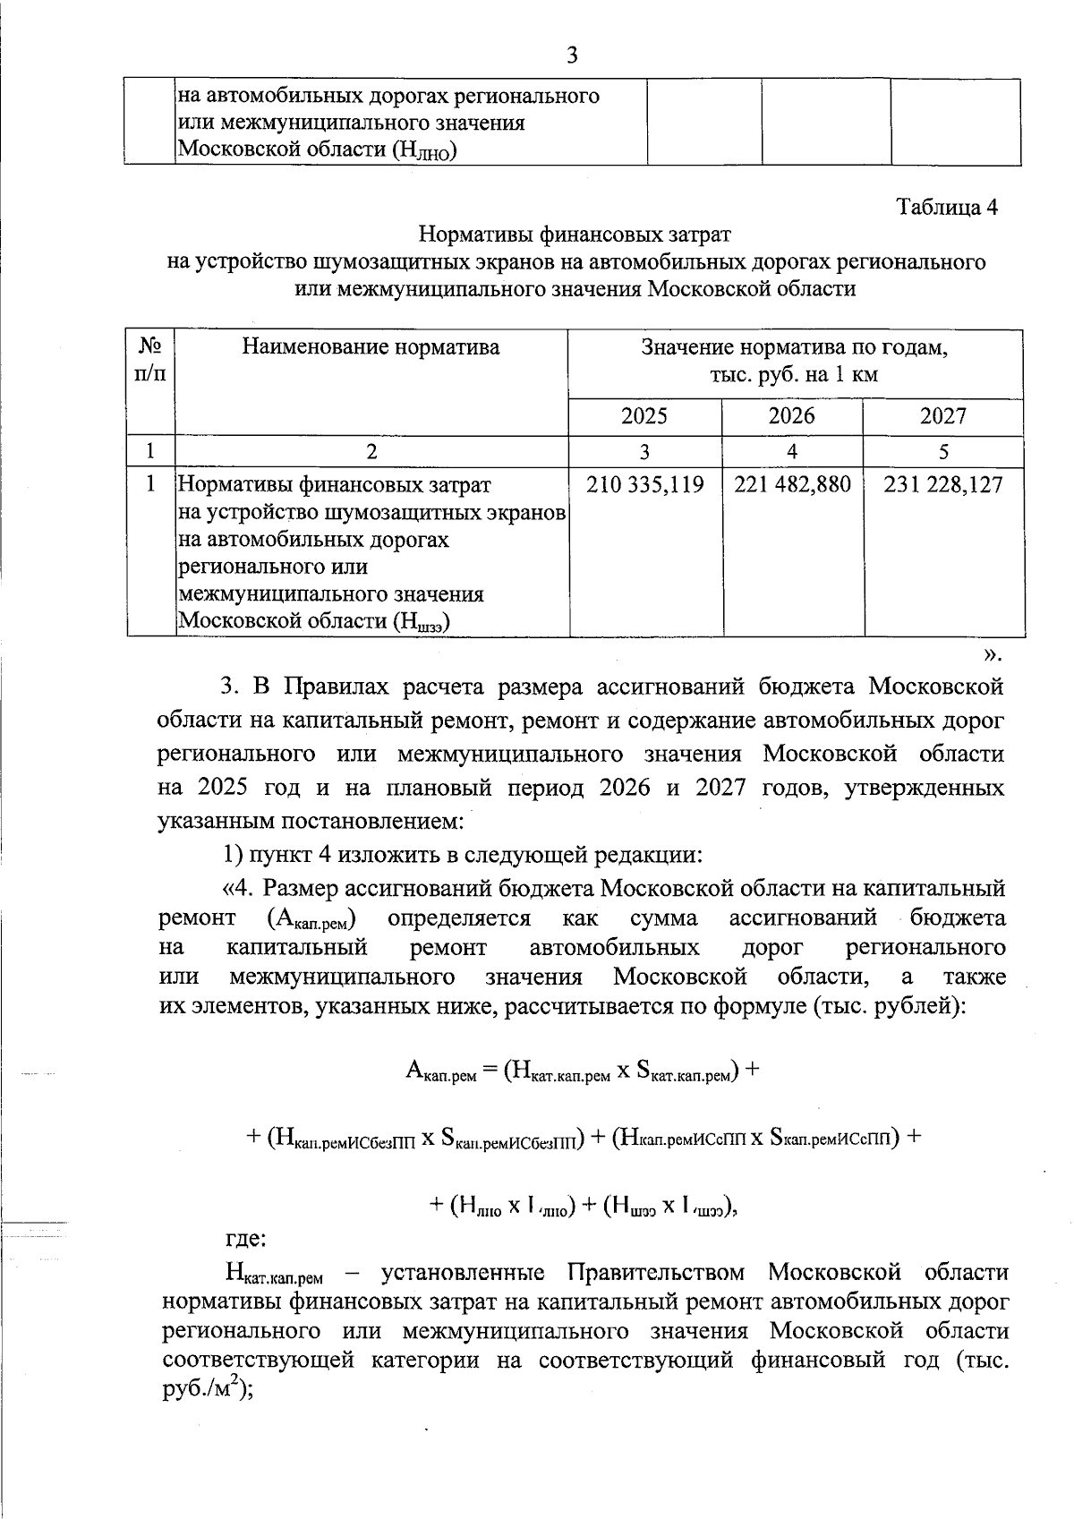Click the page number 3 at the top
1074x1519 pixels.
point(572,55)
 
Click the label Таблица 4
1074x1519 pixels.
point(947,207)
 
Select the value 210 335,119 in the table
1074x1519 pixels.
point(644,485)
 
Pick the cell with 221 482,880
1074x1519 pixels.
point(792,485)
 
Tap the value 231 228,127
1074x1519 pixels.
point(942,485)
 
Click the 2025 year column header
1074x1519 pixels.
point(644,416)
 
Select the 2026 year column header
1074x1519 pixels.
point(792,416)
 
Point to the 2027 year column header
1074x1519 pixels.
point(942,416)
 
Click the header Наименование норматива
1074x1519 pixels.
point(371,347)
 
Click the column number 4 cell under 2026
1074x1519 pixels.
point(792,451)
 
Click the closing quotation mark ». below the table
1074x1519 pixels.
point(991,654)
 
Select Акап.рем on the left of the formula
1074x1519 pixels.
point(440,1071)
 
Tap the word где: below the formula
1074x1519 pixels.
point(243,1239)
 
